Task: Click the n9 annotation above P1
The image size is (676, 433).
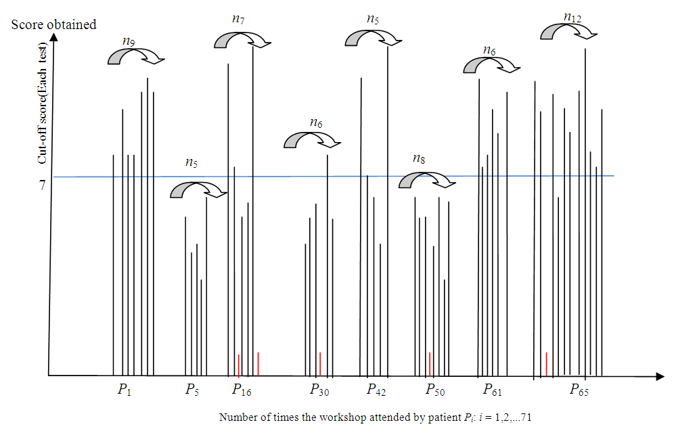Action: [x=128, y=41]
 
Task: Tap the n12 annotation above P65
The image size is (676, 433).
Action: [x=572, y=18]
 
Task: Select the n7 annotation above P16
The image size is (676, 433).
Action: [x=238, y=19]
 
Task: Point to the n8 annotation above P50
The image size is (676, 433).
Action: [x=419, y=159]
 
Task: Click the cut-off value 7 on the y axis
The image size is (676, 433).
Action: [x=42, y=185]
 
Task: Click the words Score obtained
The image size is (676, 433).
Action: [x=53, y=24]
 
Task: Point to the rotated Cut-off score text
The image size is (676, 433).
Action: [x=42, y=120]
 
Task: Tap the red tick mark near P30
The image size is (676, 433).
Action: [x=319, y=364]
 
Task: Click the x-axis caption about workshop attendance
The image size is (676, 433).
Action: [x=375, y=417]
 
